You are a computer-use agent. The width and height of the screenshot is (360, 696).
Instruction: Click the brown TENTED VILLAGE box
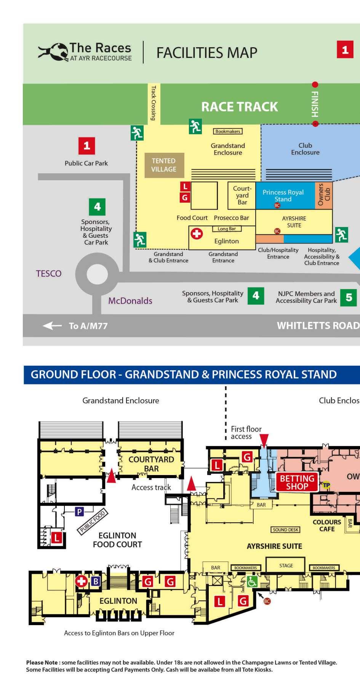[164, 165]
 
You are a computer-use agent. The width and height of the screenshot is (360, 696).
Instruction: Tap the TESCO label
[48, 274]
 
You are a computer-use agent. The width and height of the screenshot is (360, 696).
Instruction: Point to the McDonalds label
[130, 301]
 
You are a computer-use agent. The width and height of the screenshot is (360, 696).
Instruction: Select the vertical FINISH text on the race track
[315, 104]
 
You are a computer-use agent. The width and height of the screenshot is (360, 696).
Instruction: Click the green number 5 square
[349, 297]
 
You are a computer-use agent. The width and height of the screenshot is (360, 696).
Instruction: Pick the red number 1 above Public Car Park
[86, 146]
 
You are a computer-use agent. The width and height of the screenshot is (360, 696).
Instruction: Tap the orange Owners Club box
[323, 195]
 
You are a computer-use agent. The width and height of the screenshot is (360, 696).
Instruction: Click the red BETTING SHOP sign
[297, 482]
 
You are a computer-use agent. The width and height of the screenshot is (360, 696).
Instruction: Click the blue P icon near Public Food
[79, 512]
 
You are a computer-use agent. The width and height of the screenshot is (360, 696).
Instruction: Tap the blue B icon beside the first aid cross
[96, 581]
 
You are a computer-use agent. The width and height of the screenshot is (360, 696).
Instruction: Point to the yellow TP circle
[326, 485]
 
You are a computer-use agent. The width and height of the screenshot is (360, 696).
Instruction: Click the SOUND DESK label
[286, 530]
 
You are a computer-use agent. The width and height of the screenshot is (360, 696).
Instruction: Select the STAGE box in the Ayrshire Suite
[286, 566]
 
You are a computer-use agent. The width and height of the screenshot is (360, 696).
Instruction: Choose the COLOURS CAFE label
[327, 525]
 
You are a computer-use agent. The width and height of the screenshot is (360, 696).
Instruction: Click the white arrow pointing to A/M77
[52, 326]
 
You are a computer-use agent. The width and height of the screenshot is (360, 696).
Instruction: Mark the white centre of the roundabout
[97, 274]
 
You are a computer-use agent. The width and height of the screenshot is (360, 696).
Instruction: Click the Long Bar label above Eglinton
[227, 229]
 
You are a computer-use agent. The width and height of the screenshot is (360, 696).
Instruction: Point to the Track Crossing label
[153, 103]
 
